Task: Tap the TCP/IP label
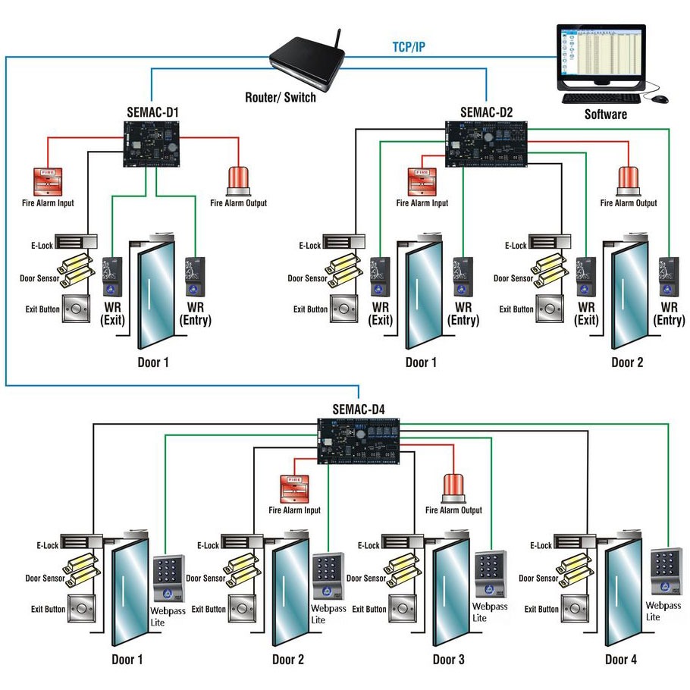[x=408, y=47]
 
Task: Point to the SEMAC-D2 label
[x=486, y=113]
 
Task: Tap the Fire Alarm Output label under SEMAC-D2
[x=629, y=203]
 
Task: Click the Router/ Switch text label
[x=281, y=97]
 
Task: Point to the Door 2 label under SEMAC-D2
[x=628, y=362]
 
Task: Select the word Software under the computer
[x=605, y=115]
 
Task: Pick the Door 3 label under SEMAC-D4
[x=449, y=660]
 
